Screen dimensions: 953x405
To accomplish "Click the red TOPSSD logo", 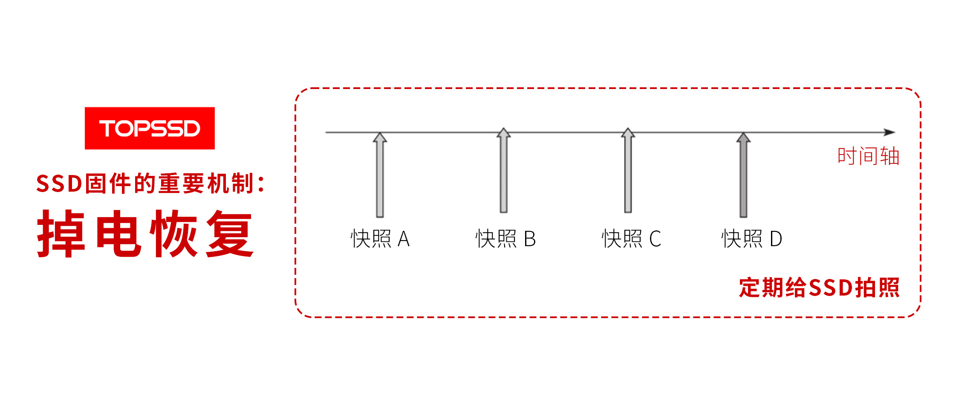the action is click(150, 128).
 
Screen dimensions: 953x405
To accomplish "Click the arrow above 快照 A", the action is click(380, 175).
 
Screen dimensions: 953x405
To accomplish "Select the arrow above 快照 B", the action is click(504, 170).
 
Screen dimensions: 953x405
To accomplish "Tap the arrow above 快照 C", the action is click(628, 170).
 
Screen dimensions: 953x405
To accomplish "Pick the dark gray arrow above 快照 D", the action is click(743, 175).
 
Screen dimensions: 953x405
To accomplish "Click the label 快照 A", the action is click(380, 238).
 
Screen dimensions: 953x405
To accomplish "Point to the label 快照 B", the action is click(505, 238).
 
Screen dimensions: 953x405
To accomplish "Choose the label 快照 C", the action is click(631, 238).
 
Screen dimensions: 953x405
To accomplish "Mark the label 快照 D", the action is click(752, 238).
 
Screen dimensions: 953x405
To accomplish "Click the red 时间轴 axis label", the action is click(869, 156).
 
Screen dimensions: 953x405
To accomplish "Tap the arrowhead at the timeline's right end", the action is click(889, 132).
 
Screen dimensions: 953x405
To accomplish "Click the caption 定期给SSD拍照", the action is click(819, 287).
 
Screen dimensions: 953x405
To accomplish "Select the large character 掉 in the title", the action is click(61, 234).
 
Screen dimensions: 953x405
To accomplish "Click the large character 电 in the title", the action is click(118, 234).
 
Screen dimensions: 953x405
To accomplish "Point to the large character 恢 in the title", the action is click(174, 234).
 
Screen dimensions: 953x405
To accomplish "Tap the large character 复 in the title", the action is click(230, 234).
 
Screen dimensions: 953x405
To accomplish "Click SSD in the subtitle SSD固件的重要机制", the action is click(59, 184).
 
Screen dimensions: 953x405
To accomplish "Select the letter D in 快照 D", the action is click(776, 239).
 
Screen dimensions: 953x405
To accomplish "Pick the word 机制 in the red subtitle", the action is click(231, 184).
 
